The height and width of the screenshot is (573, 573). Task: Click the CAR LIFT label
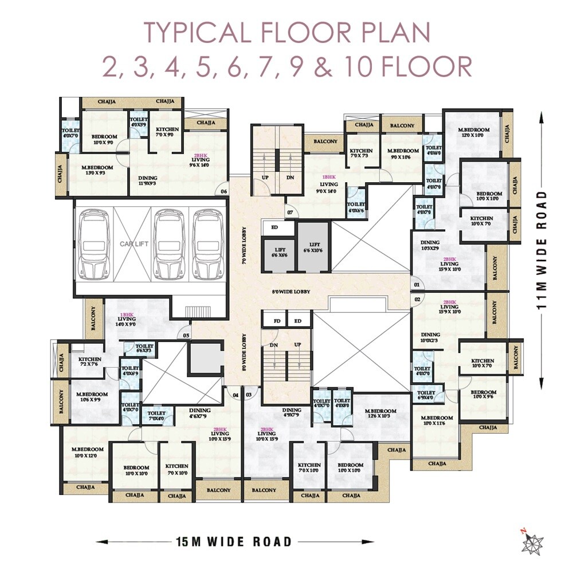(134, 244)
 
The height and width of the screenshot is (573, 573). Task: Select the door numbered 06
(224, 191)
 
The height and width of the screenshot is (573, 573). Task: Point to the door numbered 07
(290, 213)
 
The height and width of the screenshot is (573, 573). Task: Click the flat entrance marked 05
(186, 336)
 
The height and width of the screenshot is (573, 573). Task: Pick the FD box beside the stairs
(277, 321)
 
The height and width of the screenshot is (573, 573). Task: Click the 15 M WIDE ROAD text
(234, 541)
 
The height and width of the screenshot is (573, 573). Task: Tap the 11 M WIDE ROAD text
(543, 250)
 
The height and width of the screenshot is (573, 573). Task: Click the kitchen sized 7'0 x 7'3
(361, 154)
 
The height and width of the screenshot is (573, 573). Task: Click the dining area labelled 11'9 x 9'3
(148, 181)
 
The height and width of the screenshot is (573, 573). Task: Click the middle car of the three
(169, 244)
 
